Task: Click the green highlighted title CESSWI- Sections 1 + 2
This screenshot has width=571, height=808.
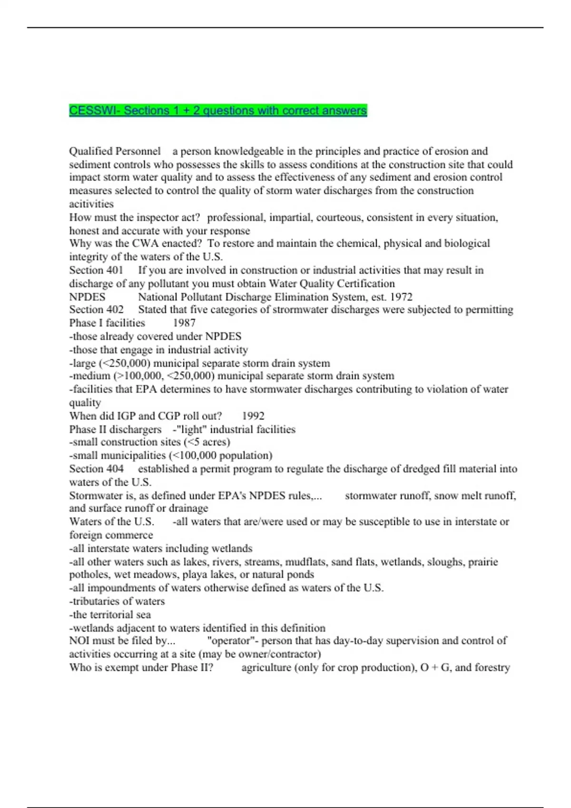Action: (217, 111)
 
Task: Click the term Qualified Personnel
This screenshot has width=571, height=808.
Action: (115, 151)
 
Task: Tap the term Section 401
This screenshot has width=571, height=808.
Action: (96, 270)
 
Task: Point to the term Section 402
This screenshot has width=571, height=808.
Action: (96, 310)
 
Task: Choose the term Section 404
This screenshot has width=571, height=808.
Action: (96, 469)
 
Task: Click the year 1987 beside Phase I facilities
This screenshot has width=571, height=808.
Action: (184, 323)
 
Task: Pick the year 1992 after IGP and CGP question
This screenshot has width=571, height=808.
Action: (253, 416)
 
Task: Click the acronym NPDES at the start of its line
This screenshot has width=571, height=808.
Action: (87, 297)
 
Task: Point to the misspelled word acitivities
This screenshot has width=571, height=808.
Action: (91, 204)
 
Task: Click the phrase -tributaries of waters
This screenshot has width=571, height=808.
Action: (117, 601)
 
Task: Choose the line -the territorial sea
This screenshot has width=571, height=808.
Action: (110, 615)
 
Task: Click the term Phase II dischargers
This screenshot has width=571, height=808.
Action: (115, 430)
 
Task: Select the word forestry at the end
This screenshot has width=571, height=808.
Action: (492, 668)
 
